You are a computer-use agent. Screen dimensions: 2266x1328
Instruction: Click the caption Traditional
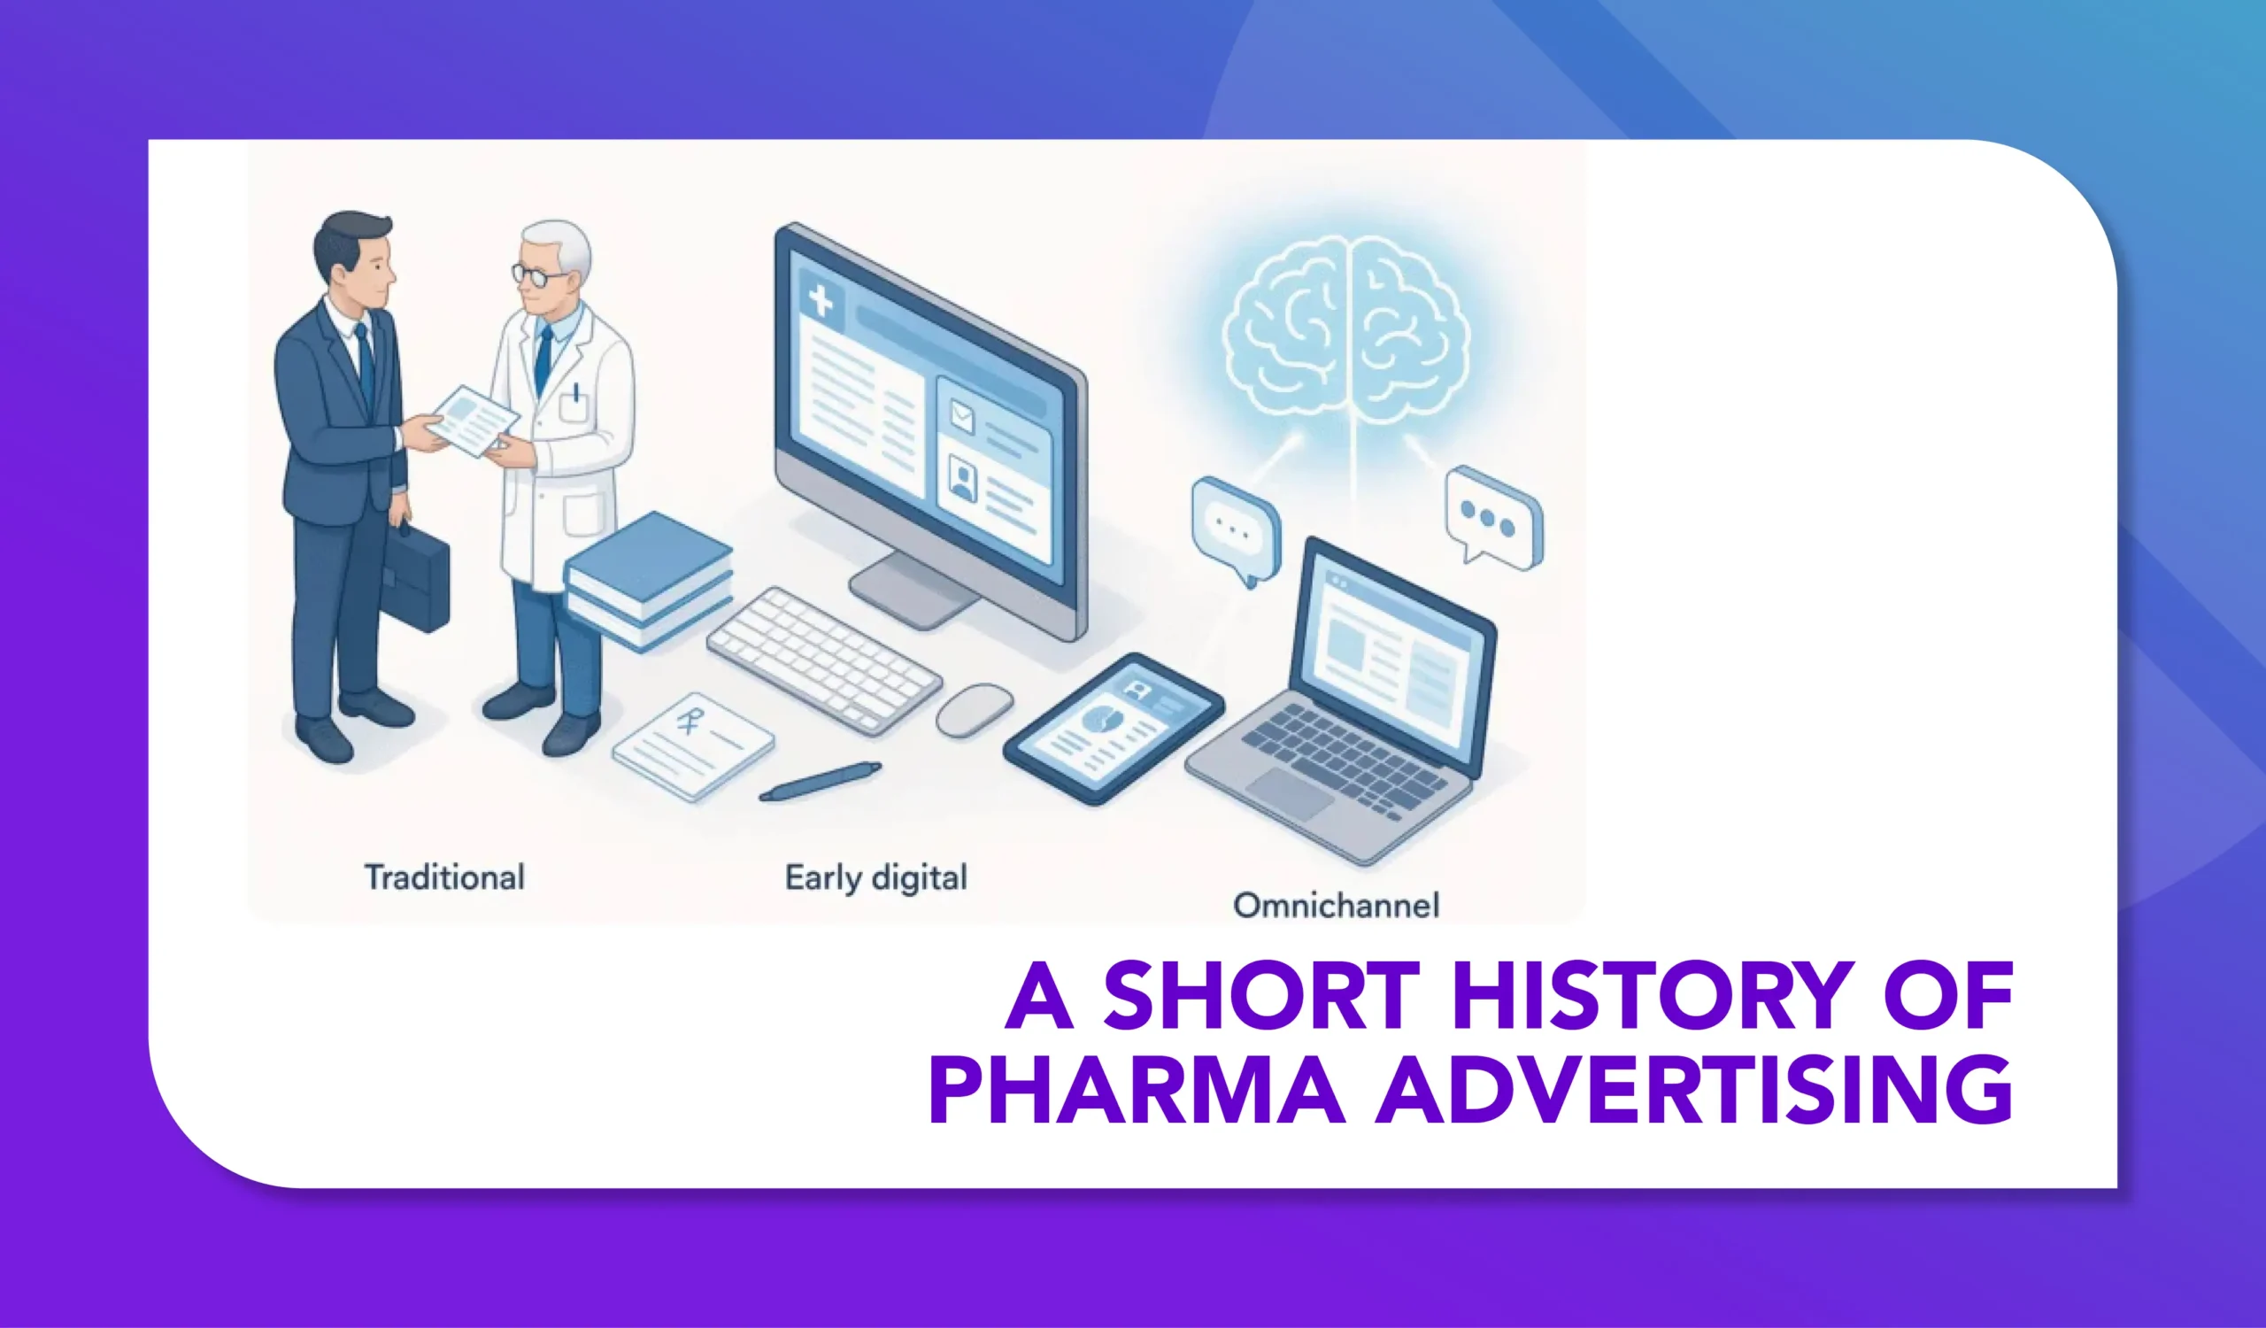click(444, 876)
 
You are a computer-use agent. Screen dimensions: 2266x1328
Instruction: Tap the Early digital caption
click(875, 877)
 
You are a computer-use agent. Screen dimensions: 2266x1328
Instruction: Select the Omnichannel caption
click(1336, 905)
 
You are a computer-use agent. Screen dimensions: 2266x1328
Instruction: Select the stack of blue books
click(647, 581)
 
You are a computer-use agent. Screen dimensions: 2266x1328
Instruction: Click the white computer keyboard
click(824, 660)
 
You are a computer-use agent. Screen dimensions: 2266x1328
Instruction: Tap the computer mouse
click(974, 709)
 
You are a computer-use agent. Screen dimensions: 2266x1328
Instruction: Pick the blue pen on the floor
click(820, 781)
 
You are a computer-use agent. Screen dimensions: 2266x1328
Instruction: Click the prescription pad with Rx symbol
click(693, 745)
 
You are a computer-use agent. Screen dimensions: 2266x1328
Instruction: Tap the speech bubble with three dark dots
click(1492, 517)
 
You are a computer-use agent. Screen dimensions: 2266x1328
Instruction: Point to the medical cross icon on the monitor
click(820, 300)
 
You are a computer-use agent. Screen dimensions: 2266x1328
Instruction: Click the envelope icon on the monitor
click(962, 416)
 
